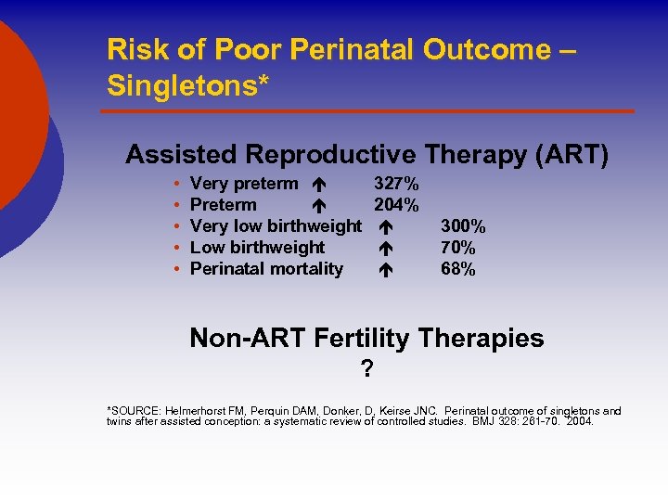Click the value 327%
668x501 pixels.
(396, 184)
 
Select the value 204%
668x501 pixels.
(396, 205)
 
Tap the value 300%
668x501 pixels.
(463, 226)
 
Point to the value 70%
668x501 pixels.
(458, 248)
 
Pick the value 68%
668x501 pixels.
(458, 269)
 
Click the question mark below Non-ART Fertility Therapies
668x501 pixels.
(367, 370)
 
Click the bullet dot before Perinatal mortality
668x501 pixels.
(176, 270)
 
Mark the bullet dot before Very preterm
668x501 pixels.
(176, 185)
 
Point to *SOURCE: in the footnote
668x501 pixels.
(136, 411)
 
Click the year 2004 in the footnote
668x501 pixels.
(579, 421)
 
